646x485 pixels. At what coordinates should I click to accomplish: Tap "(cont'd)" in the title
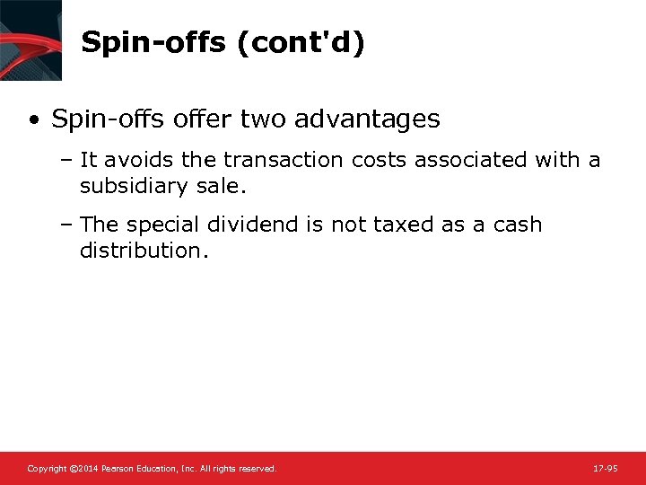pos(301,42)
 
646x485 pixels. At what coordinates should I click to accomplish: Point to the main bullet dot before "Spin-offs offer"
pos(34,119)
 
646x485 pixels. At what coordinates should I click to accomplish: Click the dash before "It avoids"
pos(69,161)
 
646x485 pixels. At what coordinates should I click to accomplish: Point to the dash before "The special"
pos(69,225)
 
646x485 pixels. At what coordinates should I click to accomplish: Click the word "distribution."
pos(144,251)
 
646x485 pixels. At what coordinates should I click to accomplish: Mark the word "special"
pos(169,225)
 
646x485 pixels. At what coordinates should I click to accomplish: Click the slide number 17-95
pos(606,469)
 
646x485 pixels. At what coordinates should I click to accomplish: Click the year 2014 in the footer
pos(83,469)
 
